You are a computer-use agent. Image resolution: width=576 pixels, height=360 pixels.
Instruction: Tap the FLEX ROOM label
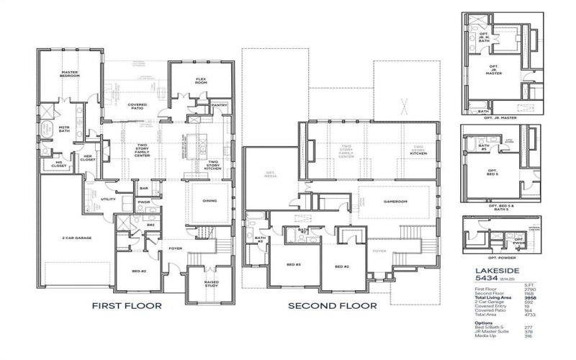202,81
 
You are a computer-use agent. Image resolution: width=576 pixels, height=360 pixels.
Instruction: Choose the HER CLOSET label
88,157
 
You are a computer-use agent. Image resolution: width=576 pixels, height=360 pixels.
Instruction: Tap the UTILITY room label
109,199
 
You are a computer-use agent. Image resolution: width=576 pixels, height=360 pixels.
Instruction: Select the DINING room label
210,202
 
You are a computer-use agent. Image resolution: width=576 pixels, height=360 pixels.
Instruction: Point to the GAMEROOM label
395,202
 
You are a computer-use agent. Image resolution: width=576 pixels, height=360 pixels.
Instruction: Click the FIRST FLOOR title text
126,305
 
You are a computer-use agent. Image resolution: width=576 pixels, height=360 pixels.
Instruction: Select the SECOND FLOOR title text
332,305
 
